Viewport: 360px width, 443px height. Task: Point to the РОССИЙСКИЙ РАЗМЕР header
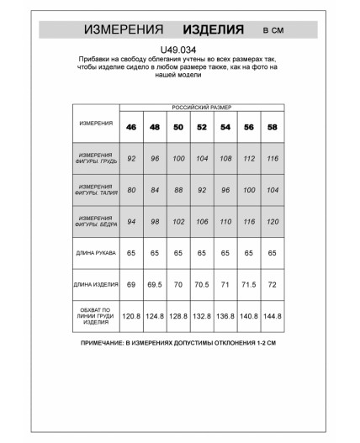point(202,108)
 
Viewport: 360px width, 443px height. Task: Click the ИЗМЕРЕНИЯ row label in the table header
point(96,123)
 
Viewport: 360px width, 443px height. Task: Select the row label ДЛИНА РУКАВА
point(96,252)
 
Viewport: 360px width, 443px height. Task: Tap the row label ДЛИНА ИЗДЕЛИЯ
point(96,286)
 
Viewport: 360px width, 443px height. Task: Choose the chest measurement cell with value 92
point(131,157)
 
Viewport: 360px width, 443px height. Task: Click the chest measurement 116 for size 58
point(273,157)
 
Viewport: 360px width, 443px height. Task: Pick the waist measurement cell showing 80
point(131,189)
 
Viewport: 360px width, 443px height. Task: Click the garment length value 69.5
point(155,286)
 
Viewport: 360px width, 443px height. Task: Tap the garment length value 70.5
point(202,286)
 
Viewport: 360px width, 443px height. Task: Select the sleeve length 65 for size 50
point(178,252)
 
